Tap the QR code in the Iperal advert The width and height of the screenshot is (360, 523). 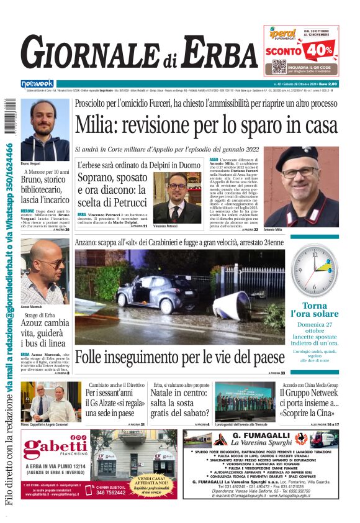(279, 67)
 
